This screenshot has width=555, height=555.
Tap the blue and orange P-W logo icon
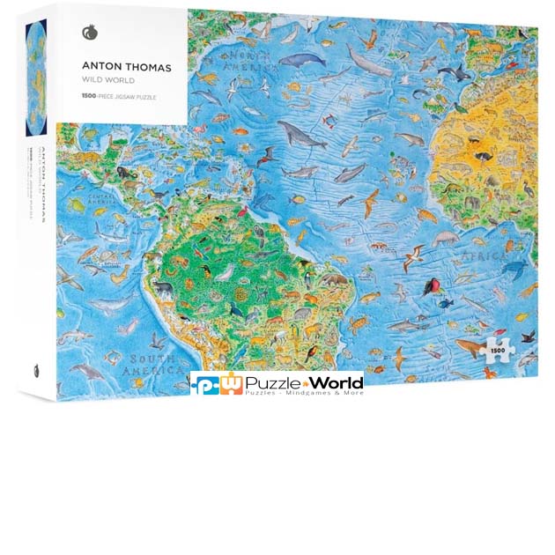(x=217, y=383)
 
